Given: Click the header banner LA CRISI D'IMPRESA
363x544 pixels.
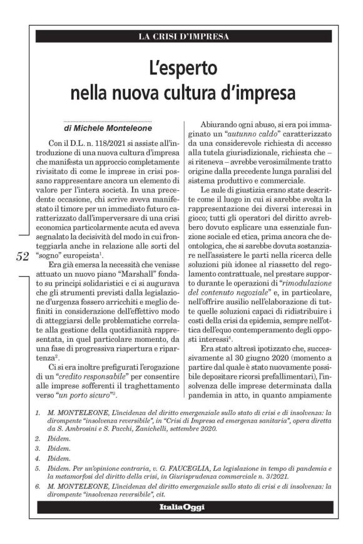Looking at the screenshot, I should click(183, 36).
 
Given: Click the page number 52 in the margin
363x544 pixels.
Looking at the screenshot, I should click(23, 255).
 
